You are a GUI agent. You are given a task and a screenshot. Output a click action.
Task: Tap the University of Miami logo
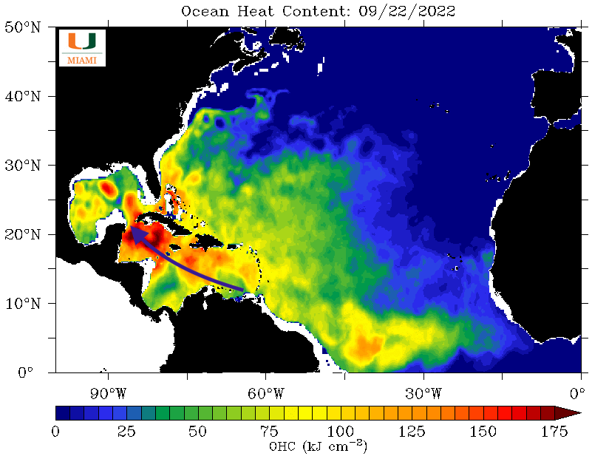tap(81, 48)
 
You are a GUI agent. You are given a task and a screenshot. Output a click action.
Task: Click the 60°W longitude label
tap(265, 391)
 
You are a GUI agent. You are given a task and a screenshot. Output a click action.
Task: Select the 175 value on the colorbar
tap(554, 431)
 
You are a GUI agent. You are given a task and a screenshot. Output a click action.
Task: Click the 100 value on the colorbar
tap(340, 431)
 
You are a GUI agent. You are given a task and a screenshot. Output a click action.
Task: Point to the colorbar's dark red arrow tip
tap(572, 412)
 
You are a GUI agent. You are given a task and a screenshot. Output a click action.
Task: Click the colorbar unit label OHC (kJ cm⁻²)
tap(318, 446)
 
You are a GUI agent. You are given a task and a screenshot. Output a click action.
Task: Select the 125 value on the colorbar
tap(412, 431)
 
